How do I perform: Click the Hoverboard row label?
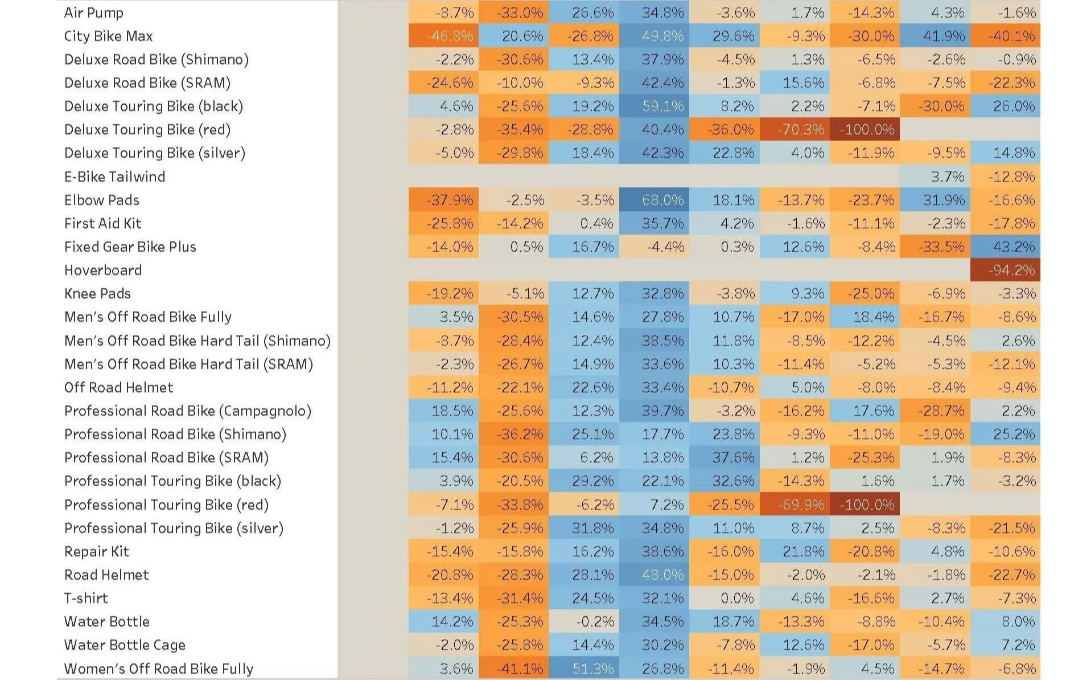[103, 270]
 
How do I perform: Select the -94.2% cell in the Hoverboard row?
[1005, 270]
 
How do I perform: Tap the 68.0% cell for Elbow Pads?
[654, 200]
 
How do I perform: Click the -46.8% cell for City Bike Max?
[443, 36]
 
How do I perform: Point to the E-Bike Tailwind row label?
[114, 177]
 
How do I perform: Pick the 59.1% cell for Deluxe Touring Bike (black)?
[654, 106]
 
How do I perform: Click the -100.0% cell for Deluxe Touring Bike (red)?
[865, 130]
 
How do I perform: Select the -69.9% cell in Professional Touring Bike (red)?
[795, 505]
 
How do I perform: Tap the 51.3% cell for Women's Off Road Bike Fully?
[584, 669]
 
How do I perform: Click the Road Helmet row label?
[106, 575]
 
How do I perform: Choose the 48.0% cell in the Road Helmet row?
[654, 575]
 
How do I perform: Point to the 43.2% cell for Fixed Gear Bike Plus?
[1005, 247]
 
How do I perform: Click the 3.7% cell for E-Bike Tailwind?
[935, 177]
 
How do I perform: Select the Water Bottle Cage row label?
[125, 645]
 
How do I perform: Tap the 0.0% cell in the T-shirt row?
[724, 598]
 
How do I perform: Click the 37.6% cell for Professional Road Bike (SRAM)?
[724, 458]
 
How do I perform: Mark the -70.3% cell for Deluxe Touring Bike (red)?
[795, 130]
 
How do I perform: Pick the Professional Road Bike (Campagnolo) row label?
[188, 411]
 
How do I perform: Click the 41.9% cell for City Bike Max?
[935, 36]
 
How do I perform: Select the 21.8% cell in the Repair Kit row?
[795, 551]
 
